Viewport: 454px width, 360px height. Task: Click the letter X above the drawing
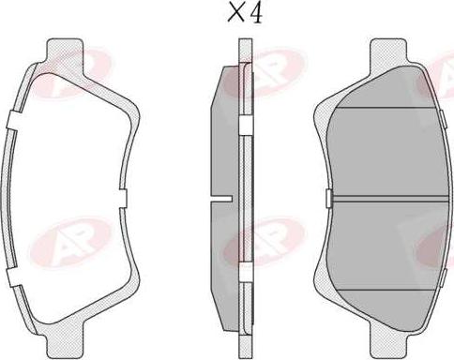[x=235, y=13]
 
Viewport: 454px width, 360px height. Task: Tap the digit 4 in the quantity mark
[x=254, y=14]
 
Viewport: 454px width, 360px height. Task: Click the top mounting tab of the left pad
[x=66, y=50]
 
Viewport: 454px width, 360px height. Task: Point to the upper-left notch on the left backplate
[x=14, y=120]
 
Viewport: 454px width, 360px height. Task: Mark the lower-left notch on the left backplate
[x=14, y=277]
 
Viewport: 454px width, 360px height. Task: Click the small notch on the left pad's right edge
[x=123, y=198]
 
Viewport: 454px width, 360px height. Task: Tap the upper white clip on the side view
[x=246, y=126]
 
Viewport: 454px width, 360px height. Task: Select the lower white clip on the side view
[x=246, y=272]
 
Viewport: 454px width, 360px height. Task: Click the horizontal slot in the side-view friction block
[x=221, y=199]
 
